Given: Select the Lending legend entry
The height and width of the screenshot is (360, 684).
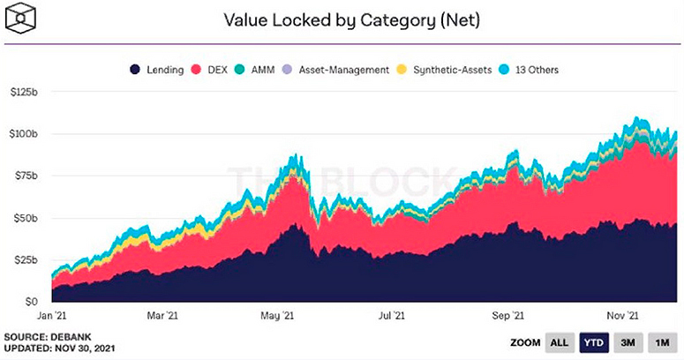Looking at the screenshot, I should tap(155, 69).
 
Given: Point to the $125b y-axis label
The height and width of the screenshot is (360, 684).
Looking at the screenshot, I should tap(24, 93).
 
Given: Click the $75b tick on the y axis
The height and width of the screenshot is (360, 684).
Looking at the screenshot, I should tap(26, 176).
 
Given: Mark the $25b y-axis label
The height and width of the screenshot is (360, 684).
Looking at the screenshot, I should tap(26, 259).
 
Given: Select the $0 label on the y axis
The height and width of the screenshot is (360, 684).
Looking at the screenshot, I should tap(32, 301).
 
